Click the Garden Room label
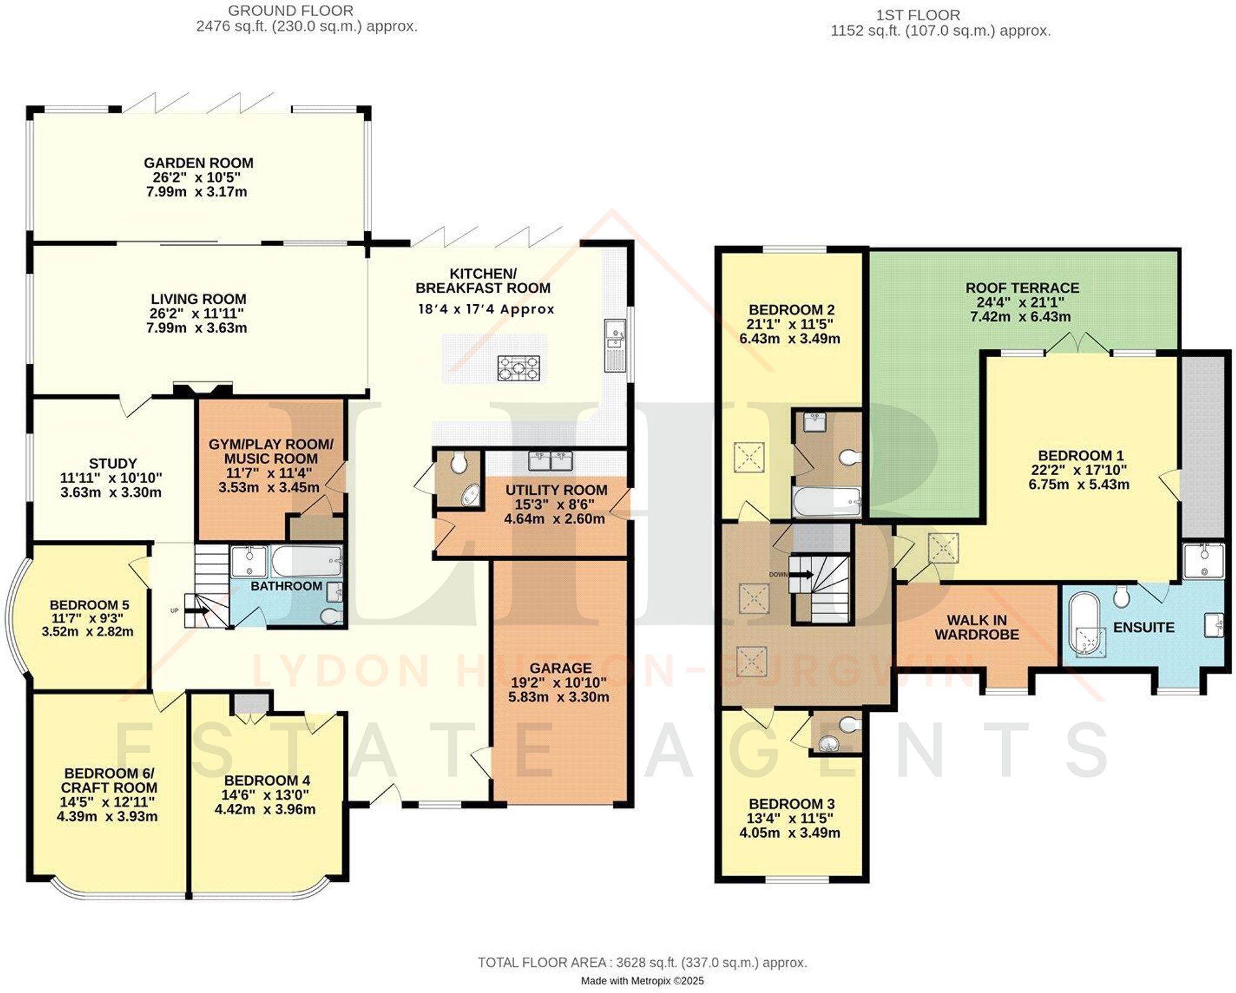pos(198,163)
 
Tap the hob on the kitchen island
pos(519,368)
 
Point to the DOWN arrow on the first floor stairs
pos(803,575)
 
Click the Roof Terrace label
pos(1022,288)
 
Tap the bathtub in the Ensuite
pos(1086,624)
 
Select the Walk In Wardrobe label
pos(976,627)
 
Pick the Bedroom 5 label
pos(90,605)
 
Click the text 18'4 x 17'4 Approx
pos(486,310)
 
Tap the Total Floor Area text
pos(642,962)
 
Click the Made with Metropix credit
pos(642,981)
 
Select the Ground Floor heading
pos(290,11)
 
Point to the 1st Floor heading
pos(918,15)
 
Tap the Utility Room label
pos(556,490)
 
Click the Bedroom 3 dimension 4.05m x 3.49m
pos(790,832)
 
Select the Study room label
pos(112,463)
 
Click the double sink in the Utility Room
pos(550,460)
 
